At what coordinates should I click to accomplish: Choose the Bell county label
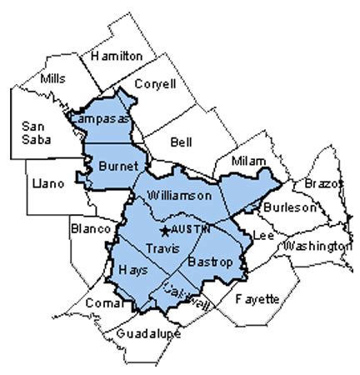point(180,142)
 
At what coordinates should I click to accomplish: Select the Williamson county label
point(179,195)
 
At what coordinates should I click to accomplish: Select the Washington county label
point(317,247)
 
